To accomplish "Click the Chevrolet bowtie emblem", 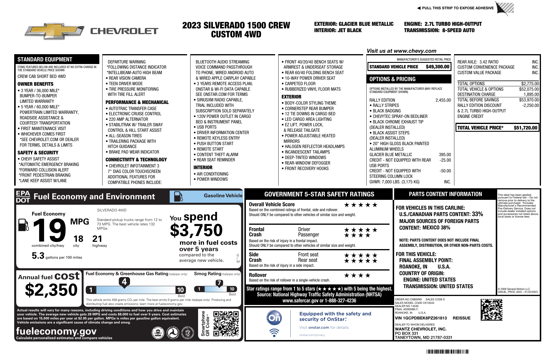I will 54,31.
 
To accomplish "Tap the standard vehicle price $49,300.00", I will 437,67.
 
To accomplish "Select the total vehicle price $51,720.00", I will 525,128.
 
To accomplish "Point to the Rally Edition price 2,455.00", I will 443,100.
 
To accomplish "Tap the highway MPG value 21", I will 97,239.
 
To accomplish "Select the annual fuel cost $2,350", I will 51,290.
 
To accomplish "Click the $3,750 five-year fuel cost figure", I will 196,231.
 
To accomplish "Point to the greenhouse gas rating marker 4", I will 124,282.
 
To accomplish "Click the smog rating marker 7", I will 219,283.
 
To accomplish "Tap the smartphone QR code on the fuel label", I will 226,324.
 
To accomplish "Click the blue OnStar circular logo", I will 274,318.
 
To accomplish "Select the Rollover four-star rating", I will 357,275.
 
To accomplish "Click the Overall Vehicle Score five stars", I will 361,205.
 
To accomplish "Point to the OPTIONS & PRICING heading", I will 392,79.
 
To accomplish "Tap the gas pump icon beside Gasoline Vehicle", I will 178,197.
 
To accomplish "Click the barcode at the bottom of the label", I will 447,352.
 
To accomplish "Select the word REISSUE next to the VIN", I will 461,318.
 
